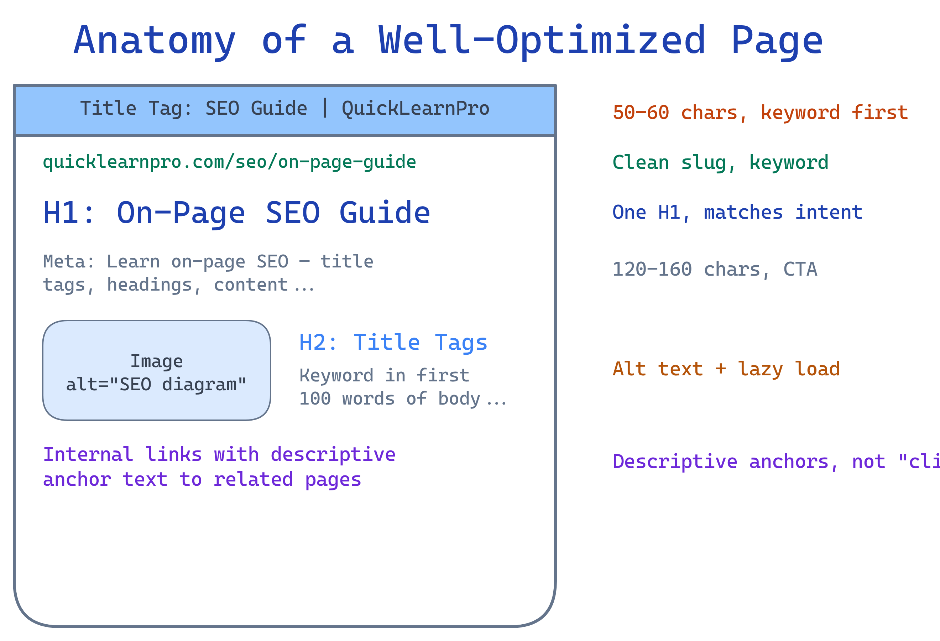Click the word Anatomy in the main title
point(155,41)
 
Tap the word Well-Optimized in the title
point(542,41)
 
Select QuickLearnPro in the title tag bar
point(416,108)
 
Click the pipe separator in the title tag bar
point(325,108)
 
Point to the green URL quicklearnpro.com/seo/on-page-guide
point(229,162)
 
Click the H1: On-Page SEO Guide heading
point(237,213)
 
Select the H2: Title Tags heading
point(393,343)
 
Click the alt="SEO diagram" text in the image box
point(156,385)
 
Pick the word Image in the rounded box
point(157,361)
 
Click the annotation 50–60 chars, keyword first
point(761,113)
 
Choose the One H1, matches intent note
point(737,213)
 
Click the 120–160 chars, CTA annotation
point(715,270)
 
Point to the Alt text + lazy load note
point(726,369)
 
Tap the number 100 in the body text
point(315,399)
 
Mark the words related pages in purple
point(287,480)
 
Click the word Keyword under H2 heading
point(336,376)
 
